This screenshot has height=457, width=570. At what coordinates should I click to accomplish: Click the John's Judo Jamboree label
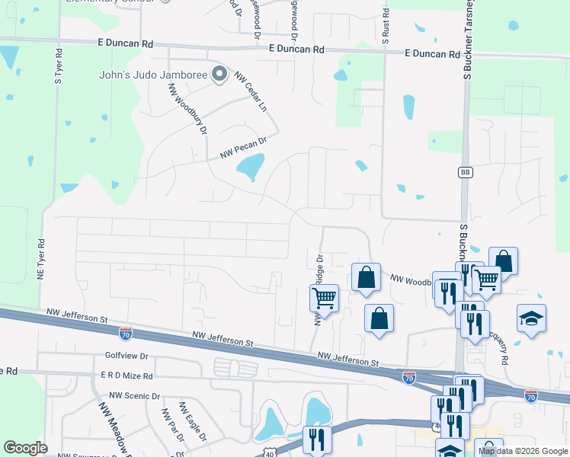pos(153,75)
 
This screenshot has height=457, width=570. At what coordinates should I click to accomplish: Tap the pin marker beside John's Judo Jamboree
pos(219,75)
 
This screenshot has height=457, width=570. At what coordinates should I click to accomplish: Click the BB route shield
pos(465,172)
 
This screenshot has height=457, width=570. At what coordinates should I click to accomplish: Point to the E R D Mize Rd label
pos(126,376)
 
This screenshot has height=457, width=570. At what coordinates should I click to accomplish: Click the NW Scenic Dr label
pos(135,396)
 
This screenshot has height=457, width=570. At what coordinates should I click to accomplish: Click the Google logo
pos(25,447)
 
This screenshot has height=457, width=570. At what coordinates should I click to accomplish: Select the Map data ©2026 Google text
pos(523,451)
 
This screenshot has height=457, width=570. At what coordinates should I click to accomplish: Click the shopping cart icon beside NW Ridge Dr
pos(325,298)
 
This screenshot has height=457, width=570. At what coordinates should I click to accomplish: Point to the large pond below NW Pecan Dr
pos(250,168)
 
